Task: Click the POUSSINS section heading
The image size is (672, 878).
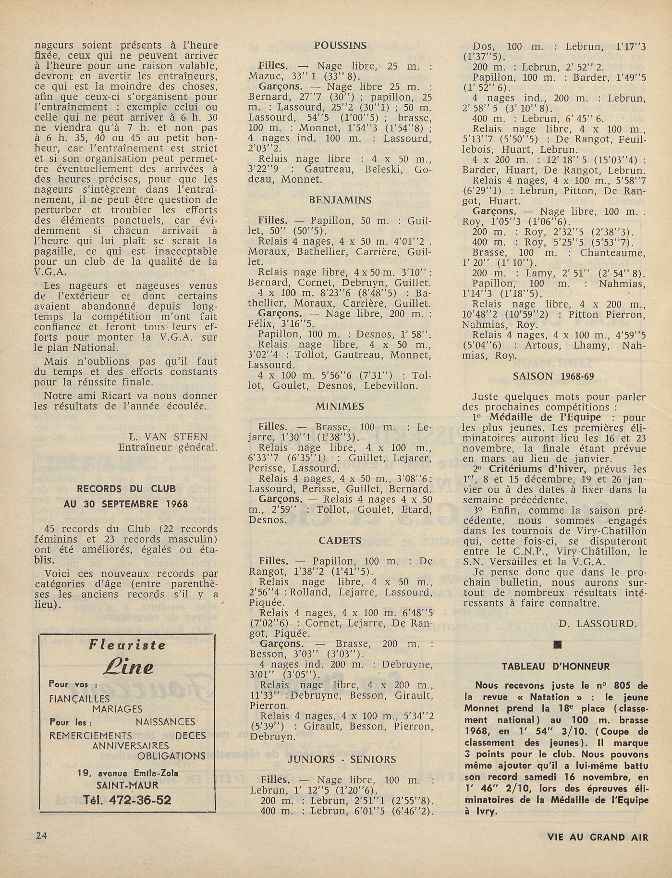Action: [x=340, y=46]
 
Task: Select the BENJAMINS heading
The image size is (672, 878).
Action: [x=340, y=200]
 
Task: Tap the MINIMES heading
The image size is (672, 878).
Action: [x=340, y=407]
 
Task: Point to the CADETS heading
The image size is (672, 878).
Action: [x=340, y=541]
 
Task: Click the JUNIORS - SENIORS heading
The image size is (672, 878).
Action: [x=341, y=759]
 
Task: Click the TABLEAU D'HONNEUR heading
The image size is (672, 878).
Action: [x=556, y=667]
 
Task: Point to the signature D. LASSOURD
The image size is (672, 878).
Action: [x=598, y=624]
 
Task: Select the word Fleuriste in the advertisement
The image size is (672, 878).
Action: [x=127, y=645]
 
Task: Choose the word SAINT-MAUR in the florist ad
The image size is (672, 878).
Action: [x=127, y=786]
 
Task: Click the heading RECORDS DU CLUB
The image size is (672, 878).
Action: [x=126, y=489]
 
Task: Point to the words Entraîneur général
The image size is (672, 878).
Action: [x=168, y=447]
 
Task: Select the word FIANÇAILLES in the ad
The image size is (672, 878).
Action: [x=80, y=699]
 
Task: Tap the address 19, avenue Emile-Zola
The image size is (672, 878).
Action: [x=127, y=773]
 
